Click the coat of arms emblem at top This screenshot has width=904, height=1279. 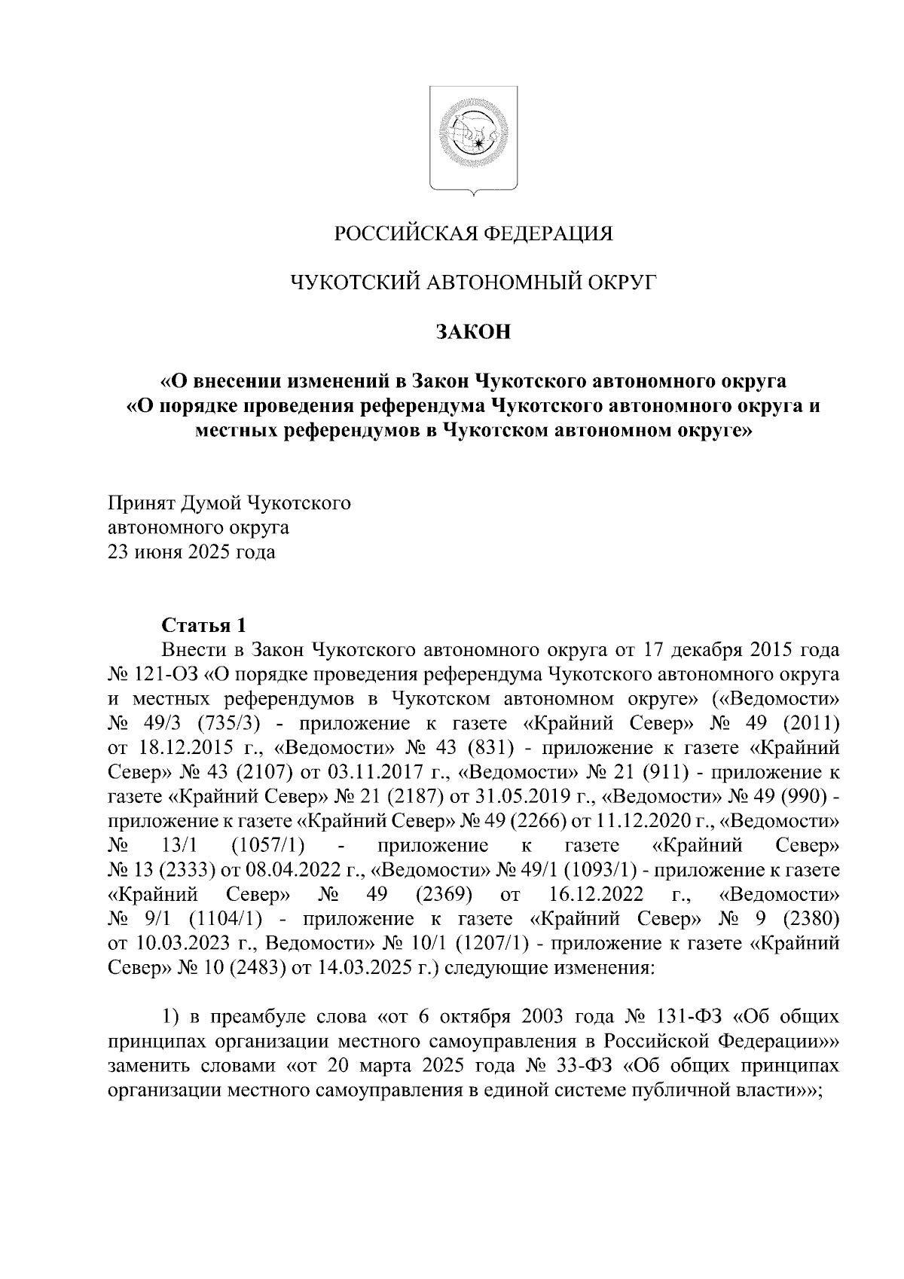point(474,140)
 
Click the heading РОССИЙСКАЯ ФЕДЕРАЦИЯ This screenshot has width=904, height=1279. point(474,234)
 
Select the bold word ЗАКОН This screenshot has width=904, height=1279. point(474,332)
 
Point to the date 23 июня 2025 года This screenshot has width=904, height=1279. point(192,553)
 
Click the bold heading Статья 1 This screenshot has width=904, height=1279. point(204,625)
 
